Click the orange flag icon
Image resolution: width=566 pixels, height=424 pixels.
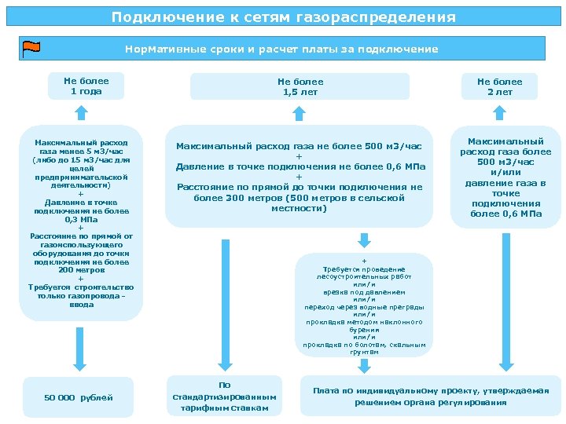[x=32, y=49]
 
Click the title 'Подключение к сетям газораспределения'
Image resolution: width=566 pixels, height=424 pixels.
[x=283, y=16]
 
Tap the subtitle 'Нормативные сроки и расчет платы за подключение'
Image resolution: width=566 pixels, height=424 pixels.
[x=281, y=49]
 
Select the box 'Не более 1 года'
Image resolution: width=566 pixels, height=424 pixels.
[x=86, y=86]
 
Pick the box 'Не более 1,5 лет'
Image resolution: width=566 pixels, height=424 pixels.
[x=300, y=86]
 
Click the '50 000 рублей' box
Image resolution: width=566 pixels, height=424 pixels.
[x=79, y=397]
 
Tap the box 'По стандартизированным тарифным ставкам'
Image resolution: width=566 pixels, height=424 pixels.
[x=224, y=396]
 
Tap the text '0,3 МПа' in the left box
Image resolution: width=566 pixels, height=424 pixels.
[x=81, y=220]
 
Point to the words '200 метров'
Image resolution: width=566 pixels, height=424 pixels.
[x=81, y=269]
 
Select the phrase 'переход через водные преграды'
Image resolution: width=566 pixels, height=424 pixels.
[x=364, y=306]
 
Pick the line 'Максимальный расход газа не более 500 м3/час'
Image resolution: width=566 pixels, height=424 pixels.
[x=299, y=146]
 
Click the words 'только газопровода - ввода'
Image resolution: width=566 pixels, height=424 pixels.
[x=81, y=300]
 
